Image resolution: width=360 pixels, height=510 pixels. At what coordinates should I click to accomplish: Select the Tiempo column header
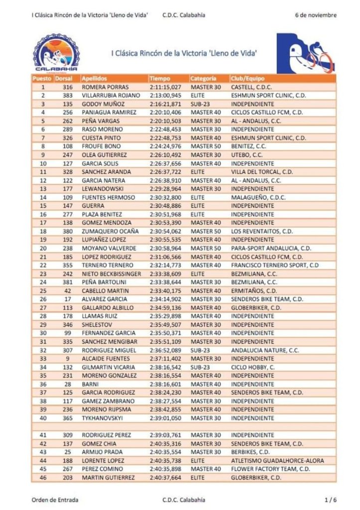tap(160, 79)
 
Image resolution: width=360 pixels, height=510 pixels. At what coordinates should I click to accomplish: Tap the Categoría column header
tap(203, 79)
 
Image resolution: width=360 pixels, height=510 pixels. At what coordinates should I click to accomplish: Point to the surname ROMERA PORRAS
tap(103, 87)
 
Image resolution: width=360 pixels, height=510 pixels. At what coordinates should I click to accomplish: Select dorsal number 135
tap(68, 104)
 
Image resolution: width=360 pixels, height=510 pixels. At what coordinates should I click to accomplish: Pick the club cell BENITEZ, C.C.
tap(250, 146)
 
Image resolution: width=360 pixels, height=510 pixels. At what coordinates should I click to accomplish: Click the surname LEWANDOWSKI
tap(102, 189)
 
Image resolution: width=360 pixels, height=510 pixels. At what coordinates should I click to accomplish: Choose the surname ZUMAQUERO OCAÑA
tap(110, 231)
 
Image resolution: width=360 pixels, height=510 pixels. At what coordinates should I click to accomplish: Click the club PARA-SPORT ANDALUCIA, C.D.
tap(271, 248)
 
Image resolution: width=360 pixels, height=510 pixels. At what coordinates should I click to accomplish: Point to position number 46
tap(43, 478)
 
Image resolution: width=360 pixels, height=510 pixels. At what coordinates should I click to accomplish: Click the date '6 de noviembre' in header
tap(315, 15)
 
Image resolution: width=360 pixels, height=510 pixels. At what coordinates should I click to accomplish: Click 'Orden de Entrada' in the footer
tap(54, 500)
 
